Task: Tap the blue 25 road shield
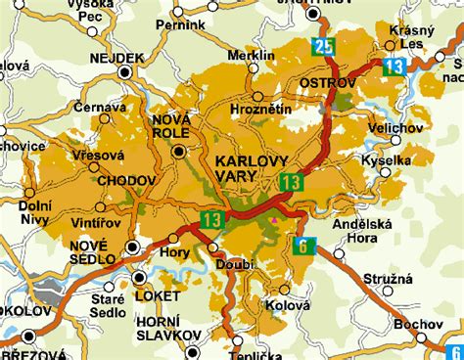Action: (324, 46)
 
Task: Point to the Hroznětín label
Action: (257, 113)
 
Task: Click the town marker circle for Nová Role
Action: (178, 152)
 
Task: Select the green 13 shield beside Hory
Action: (211, 220)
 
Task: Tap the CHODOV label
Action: (121, 180)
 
